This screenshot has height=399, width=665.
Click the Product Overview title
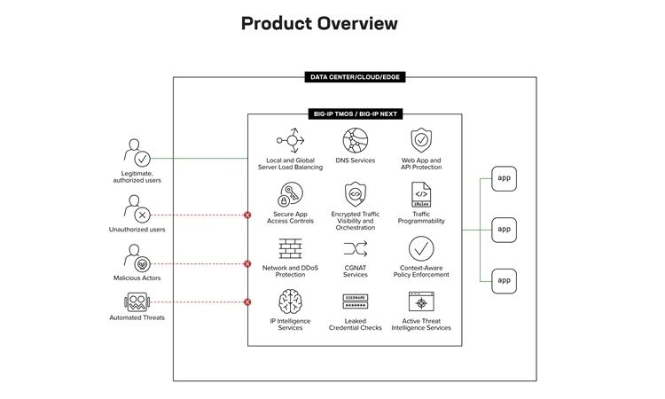319,23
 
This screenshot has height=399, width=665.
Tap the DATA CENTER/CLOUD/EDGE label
355,77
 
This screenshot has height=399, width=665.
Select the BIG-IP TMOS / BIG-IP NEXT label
355,114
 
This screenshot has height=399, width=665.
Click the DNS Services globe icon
356,140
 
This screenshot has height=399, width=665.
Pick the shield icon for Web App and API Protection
421,140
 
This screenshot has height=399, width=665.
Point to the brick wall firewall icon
290,248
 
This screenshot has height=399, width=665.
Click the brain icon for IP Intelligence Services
290,301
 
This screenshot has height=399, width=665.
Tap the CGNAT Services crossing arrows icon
356,249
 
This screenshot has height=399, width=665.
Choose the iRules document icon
421,195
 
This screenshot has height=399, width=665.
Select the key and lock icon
290,195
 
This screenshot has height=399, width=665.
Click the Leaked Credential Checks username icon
356,301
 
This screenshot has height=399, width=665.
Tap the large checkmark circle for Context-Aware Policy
421,248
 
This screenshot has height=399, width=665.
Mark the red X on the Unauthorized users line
247,215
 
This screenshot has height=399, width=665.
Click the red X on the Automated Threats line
247,301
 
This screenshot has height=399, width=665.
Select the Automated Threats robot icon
137,301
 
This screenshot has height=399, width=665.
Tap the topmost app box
504,178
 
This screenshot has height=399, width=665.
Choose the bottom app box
504,281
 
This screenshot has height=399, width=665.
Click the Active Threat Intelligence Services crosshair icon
421,301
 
